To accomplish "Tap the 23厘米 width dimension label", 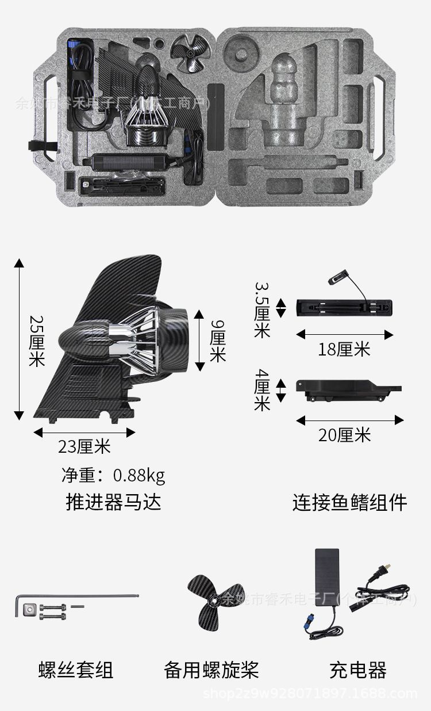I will tap(84, 446).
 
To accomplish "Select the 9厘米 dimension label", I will tap(218, 341).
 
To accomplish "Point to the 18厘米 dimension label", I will tap(344, 349).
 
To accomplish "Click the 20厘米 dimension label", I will tap(345, 435).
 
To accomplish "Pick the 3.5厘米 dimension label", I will tap(262, 309).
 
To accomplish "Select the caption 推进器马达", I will tap(113, 502).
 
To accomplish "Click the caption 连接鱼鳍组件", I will tap(349, 502).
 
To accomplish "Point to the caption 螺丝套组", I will tap(76, 670).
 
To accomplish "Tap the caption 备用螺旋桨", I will tap(211, 670).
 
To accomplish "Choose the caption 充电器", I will tap(357, 670).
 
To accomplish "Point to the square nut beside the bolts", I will tap(28, 609).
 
